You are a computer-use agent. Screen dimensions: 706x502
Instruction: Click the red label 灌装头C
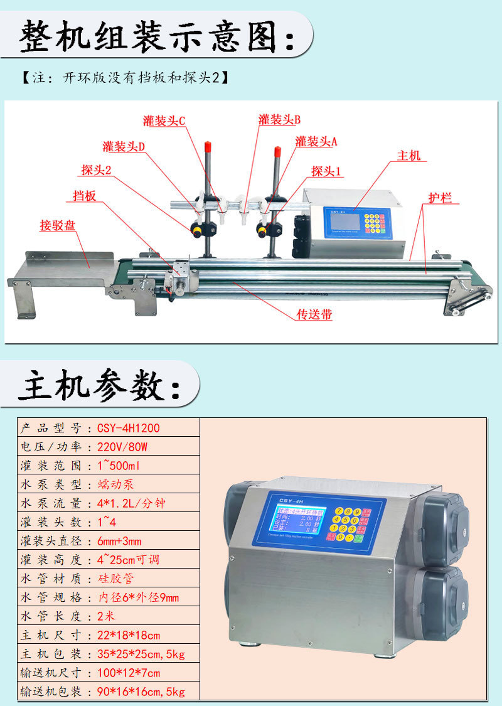click(x=164, y=121)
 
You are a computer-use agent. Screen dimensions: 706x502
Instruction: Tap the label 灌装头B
click(x=280, y=119)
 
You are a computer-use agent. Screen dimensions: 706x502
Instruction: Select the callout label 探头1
click(x=326, y=171)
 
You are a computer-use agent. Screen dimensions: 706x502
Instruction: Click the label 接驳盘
click(x=58, y=225)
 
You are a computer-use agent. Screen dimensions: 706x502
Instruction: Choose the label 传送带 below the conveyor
click(x=314, y=314)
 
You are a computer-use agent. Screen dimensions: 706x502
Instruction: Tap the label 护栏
click(x=440, y=198)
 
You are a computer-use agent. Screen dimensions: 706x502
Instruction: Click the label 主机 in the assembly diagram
click(x=409, y=156)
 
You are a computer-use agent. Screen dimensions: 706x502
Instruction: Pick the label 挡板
click(x=84, y=196)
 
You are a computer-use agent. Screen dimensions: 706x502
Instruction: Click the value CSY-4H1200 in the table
click(x=129, y=428)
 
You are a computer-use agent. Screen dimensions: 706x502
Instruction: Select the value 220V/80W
click(x=122, y=447)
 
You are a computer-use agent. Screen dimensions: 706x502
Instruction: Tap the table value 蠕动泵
click(x=116, y=484)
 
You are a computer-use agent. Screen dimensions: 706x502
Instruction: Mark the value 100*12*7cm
click(x=129, y=673)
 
